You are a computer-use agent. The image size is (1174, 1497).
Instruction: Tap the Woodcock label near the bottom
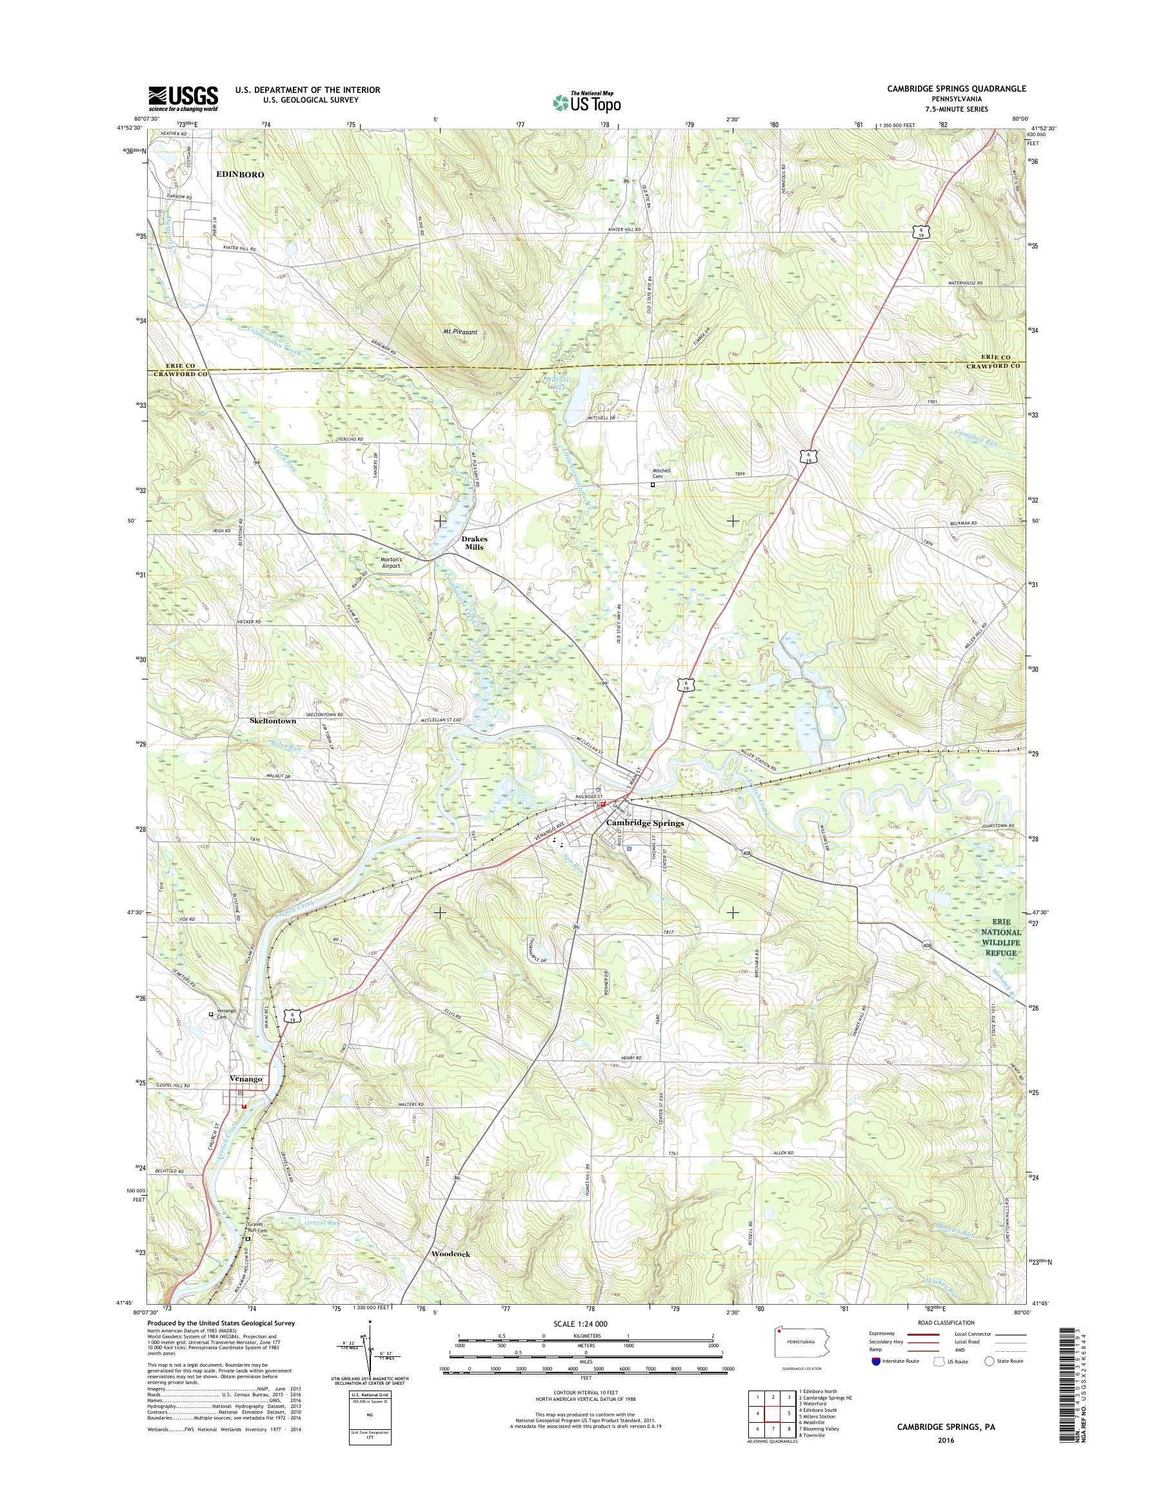(x=451, y=1254)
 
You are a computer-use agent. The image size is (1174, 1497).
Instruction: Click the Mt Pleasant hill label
(x=460, y=332)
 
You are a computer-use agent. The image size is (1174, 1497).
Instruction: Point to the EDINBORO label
(x=240, y=175)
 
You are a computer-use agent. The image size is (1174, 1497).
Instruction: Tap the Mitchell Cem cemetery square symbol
(x=652, y=484)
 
